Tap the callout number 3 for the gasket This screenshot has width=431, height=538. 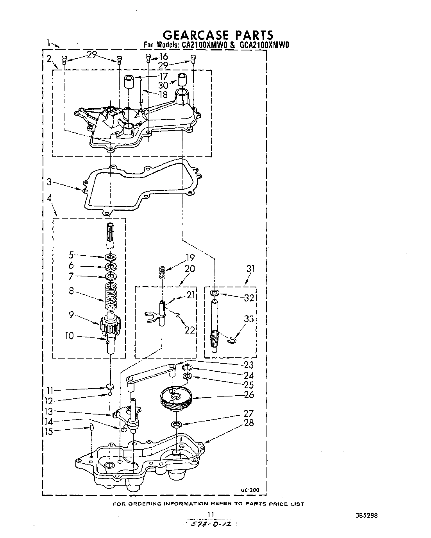point(48,182)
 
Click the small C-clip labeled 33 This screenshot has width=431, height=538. point(231,341)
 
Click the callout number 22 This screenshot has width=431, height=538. point(190,330)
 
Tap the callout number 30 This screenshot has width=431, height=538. point(163,85)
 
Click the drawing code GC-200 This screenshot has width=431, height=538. point(248,490)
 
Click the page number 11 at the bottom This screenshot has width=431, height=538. point(211,515)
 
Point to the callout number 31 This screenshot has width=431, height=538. point(250,269)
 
